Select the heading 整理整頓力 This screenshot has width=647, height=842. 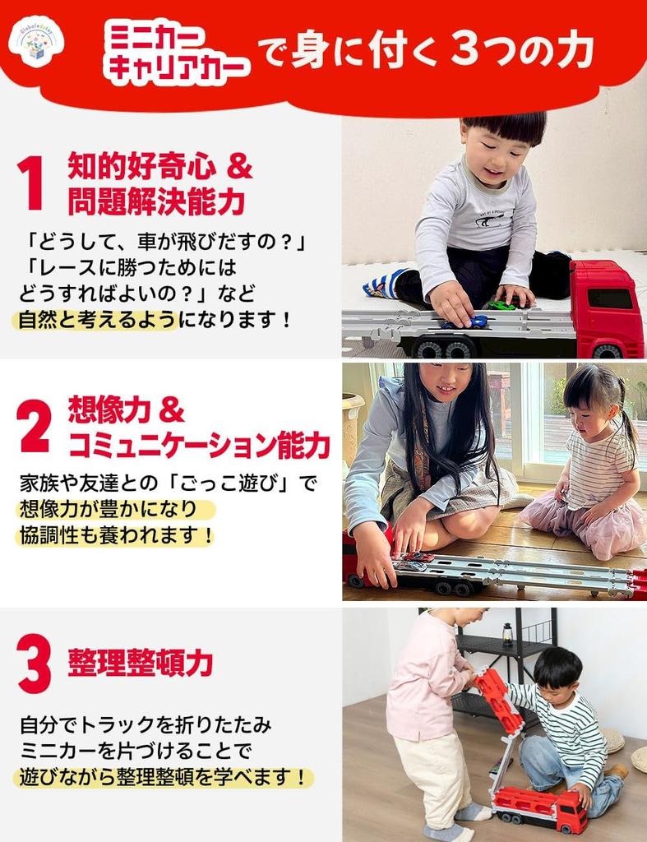pyautogui.click(x=141, y=662)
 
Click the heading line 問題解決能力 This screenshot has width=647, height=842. pyautogui.click(x=156, y=200)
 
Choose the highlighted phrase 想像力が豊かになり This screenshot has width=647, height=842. pyautogui.click(x=114, y=510)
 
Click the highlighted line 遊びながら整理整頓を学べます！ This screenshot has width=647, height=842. pyautogui.click(x=164, y=777)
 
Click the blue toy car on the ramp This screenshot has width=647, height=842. pyautogui.click(x=474, y=321)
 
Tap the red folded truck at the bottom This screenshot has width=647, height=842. pyautogui.click(x=538, y=807)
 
